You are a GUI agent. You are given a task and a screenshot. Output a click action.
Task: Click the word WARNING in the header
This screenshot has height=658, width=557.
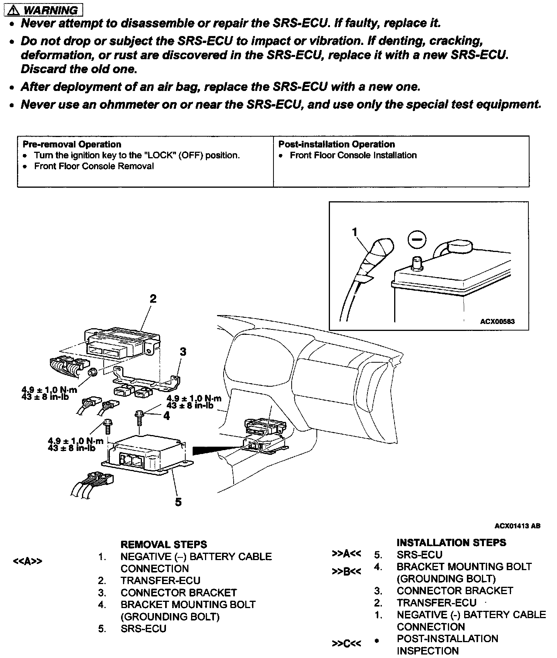[x=50, y=10]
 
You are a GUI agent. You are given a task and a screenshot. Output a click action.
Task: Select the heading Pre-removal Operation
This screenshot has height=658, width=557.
[x=72, y=144]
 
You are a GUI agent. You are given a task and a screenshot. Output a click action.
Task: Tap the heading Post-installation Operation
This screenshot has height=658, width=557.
[x=337, y=144]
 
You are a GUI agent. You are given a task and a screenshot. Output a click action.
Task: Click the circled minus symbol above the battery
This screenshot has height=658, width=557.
[x=417, y=240]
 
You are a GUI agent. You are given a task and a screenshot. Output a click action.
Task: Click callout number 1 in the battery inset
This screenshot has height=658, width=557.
[x=355, y=232]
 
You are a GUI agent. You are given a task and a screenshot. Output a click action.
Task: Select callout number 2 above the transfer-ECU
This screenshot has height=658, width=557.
[x=153, y=299]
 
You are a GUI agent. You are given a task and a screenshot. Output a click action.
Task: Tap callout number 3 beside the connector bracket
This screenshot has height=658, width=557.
[x=183, y=351]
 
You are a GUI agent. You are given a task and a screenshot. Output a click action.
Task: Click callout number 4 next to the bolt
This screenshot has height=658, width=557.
[x=166, y=416]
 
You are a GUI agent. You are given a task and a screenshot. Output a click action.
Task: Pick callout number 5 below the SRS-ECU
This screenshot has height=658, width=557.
[x=178, y=502]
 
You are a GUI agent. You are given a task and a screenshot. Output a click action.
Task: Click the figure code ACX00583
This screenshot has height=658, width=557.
[x=497, y=322]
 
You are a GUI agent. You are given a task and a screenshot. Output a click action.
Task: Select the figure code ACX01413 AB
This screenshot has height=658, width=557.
[x=517, y=526]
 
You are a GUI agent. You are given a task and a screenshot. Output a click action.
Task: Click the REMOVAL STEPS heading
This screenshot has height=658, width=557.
[x=164, y=545]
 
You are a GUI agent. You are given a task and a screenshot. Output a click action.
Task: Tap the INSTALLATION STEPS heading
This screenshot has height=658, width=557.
[x=451, y=543]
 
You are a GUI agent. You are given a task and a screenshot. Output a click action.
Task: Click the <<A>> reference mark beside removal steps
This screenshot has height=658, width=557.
[x=27, y=561]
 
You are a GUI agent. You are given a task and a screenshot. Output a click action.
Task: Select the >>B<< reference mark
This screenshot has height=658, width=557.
[x=346, y=572]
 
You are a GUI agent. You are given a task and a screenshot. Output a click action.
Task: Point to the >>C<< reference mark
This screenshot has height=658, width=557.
[x=346, y=644]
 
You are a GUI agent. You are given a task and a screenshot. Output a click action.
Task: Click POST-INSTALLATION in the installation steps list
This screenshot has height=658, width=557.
[x=447, y=638]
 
